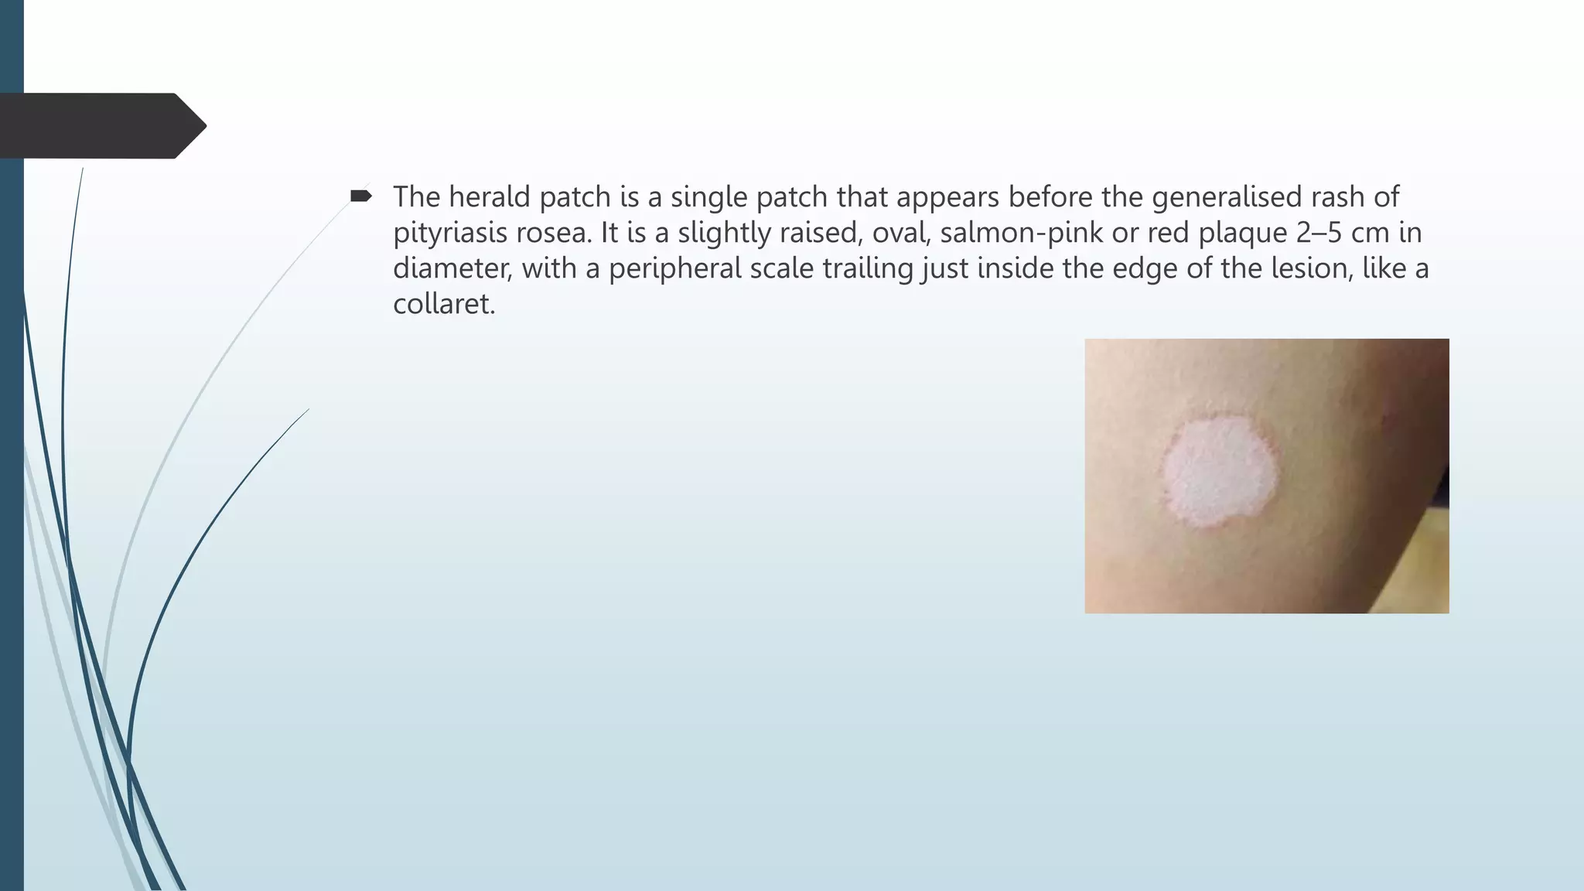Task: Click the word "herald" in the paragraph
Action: [490, 197]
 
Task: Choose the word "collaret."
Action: [444, 304]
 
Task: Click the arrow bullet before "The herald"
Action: [360, 196]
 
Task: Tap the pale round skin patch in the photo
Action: [1220, 472]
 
